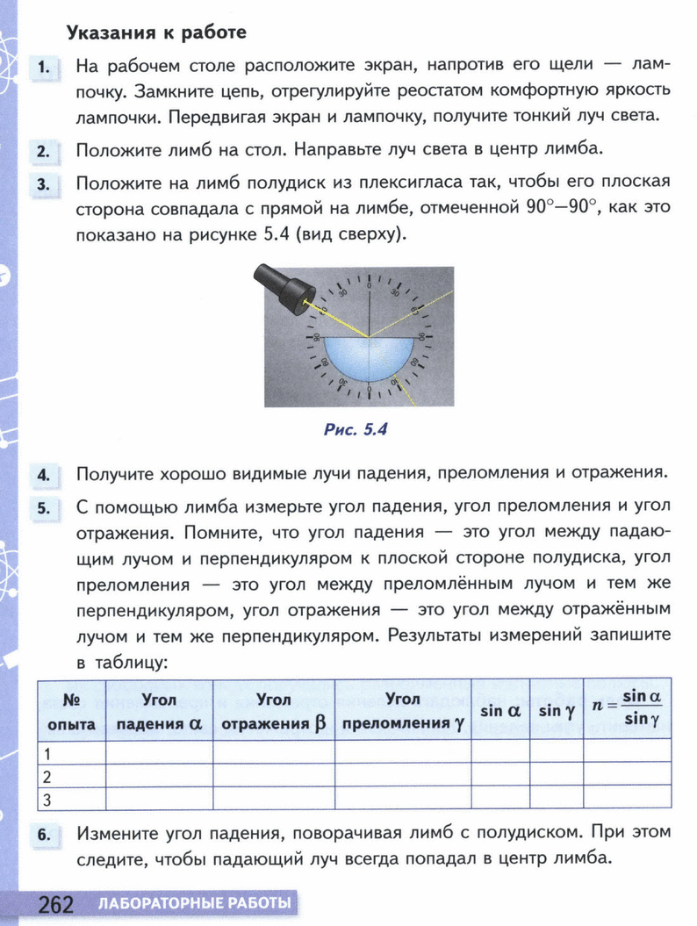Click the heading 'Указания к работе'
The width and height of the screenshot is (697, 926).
(157, 33)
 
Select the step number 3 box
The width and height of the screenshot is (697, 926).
(42, 185)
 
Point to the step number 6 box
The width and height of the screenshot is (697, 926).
(42, 837)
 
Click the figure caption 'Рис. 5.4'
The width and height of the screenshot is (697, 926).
(355, 430)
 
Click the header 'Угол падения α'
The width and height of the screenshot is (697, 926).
(159, 712)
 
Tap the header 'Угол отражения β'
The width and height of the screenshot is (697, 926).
(274, 712)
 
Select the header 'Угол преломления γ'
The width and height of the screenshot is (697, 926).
(403, 712)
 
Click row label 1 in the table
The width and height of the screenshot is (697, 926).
(48, 753)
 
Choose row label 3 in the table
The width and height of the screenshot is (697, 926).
(48, 799)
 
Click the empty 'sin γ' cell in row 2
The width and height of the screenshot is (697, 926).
(556, 776)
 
